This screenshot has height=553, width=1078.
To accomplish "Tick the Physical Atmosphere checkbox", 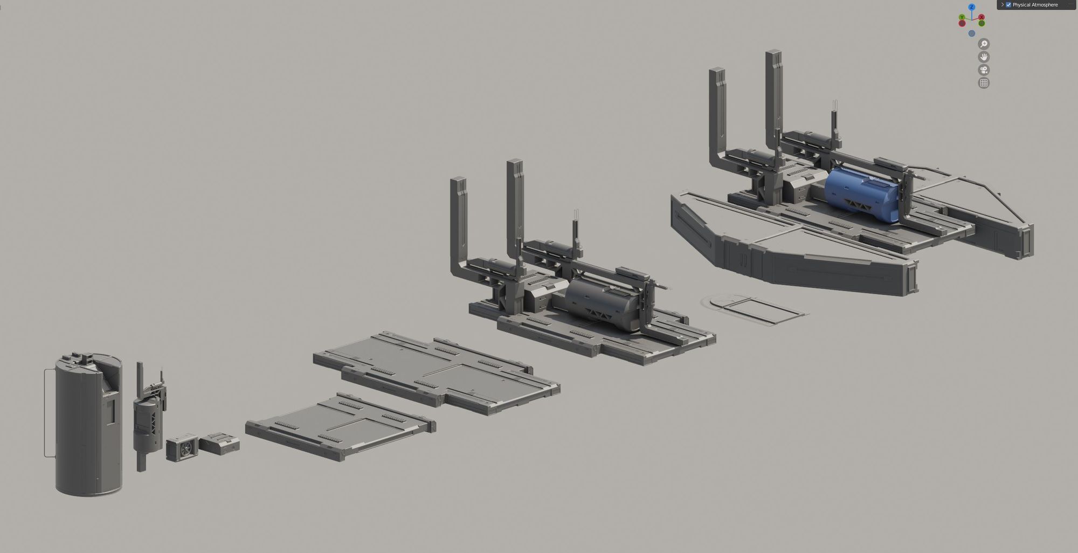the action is tap(1008, 5).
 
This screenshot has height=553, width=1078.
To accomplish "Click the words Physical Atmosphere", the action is tap(1035, 5).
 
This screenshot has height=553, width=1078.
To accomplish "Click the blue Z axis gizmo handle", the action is tap(972, 7).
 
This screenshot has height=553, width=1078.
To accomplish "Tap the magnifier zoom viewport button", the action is tap(984, 44).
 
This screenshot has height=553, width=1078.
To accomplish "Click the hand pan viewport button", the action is tap(984, 57).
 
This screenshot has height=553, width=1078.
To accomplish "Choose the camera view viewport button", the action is tap(984, 70).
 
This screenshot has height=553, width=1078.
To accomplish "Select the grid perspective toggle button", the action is tap(984, 82).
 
